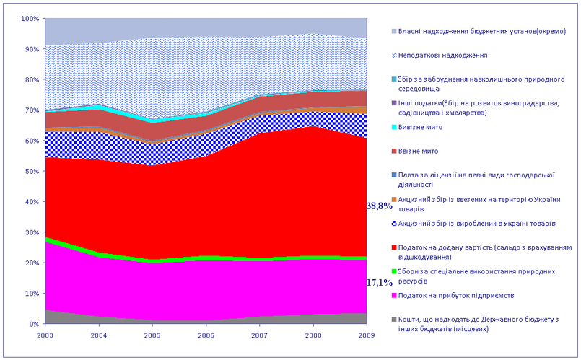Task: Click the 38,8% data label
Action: [x=379, y=206]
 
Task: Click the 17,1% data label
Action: [x=379, y=263]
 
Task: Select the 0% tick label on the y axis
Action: [x=33, y=324]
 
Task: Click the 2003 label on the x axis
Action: [x=45, y=335]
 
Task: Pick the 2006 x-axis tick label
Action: [x=206, y=335]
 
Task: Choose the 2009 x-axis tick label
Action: [x=367, y=335]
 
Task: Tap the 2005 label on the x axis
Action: [x=152, y=335]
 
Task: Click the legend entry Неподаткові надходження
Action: [x=448, y=55]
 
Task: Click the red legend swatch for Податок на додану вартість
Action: [x=393, y=247]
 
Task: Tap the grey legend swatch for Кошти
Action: [x=393, y=319]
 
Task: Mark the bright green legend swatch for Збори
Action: [x=393, y=271]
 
